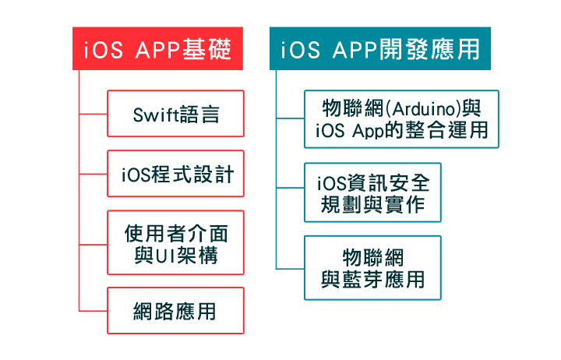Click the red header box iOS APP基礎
(x=158, y=49)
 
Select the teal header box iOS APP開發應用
(x=380, y=49)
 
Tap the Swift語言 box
(x=175, y=115)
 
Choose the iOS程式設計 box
(x=175, y=174)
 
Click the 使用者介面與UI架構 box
(x=175, y=242)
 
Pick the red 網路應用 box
(x=175, y=311)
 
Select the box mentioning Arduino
(x=401, y=118)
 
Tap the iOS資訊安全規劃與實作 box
(x=373, y=193)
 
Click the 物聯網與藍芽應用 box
(x=373, y=267)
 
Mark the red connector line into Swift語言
(x=93, y=115)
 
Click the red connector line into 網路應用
(x=93, y=311)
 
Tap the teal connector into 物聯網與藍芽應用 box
(x=290, y=267)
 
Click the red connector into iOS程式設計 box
(x=93, y=174)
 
